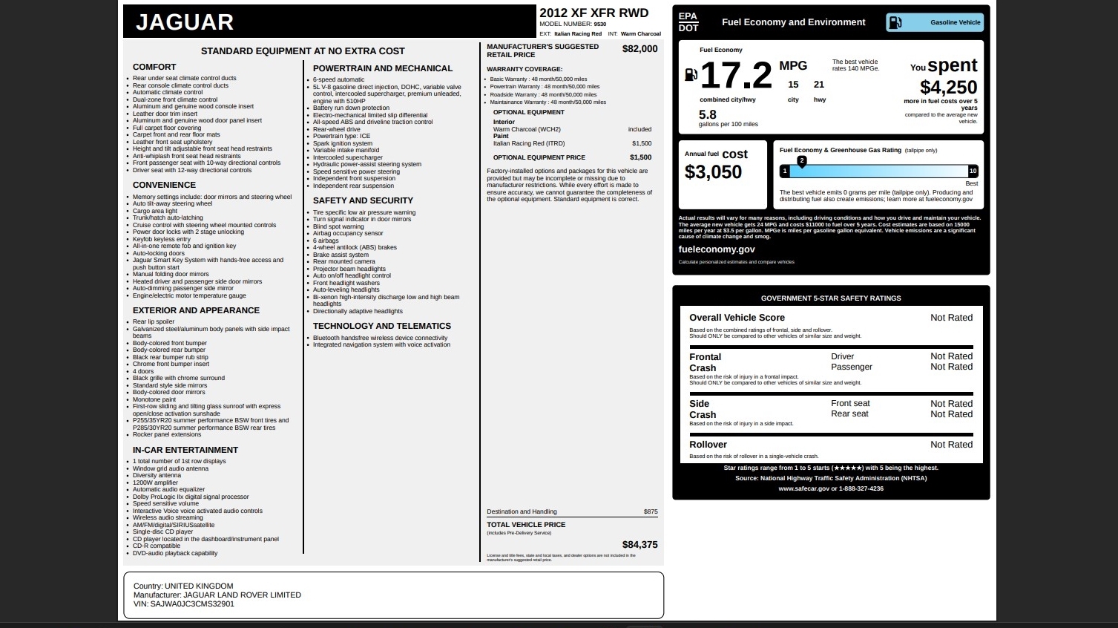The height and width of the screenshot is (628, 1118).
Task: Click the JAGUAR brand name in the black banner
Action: point(185,22)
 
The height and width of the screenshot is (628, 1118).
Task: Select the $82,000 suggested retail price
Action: point(639,49)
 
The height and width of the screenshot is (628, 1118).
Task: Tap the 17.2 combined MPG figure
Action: point(736,75)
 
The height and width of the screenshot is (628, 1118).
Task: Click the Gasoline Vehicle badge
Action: point(935,22)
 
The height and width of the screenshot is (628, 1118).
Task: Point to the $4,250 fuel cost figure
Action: point(948,88)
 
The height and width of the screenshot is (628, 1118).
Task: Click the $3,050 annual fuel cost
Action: point(713,172)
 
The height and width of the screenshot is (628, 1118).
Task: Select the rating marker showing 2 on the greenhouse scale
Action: point(801,161)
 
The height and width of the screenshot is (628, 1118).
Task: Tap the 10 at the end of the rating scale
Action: point(973,171)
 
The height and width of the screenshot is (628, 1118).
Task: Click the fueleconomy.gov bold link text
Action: point(717,249)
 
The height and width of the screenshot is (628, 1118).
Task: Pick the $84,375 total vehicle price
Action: point(639,545)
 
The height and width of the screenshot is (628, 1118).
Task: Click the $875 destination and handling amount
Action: point(651,511)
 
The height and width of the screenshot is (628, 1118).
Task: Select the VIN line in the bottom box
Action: point(184,604)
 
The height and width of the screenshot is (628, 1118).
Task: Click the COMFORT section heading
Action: point(154,67)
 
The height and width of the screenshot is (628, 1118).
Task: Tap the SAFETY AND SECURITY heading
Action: point(363,200)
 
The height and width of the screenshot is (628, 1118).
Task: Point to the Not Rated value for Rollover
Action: point(951,445)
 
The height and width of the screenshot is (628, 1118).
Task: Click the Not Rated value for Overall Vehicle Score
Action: point(951,318)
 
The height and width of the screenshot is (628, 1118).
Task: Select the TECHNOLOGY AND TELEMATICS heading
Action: point(381,326)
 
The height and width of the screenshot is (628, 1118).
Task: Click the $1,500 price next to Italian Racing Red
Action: point(642,143)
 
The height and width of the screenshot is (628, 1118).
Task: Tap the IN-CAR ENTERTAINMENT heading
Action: point(185,450)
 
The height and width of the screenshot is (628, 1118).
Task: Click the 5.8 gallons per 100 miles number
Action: point(708,114)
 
